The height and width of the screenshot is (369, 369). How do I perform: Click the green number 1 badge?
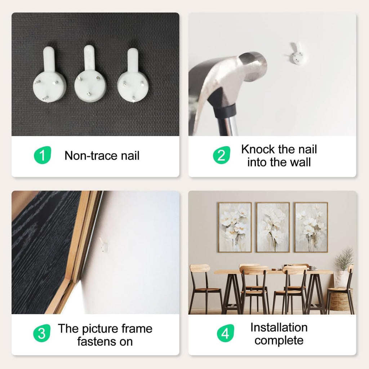pyautogui.click(x=43, y=155)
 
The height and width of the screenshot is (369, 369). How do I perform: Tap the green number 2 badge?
pyautogui.click(x=222, y=155)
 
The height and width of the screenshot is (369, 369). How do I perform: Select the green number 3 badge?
pyautogui.click(x=42, y=333)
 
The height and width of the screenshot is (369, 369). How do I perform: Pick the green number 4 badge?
pyautogui.click(x=225, y=333)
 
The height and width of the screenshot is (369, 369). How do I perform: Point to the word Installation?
pyautogui.click(x=279, y=327)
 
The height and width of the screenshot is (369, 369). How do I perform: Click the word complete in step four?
pyautogui.click(x=279, y=341)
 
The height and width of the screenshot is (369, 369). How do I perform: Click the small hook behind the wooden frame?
pyautogui.click(x=103, y=245)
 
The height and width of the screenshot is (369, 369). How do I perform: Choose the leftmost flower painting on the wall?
pyautogui.click(x=235, y=227)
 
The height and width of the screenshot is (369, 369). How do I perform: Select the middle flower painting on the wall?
pyautogui.click(x=273, y=227)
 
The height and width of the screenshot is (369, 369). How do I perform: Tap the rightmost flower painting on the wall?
pyautogui.click(x=311, y=227)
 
